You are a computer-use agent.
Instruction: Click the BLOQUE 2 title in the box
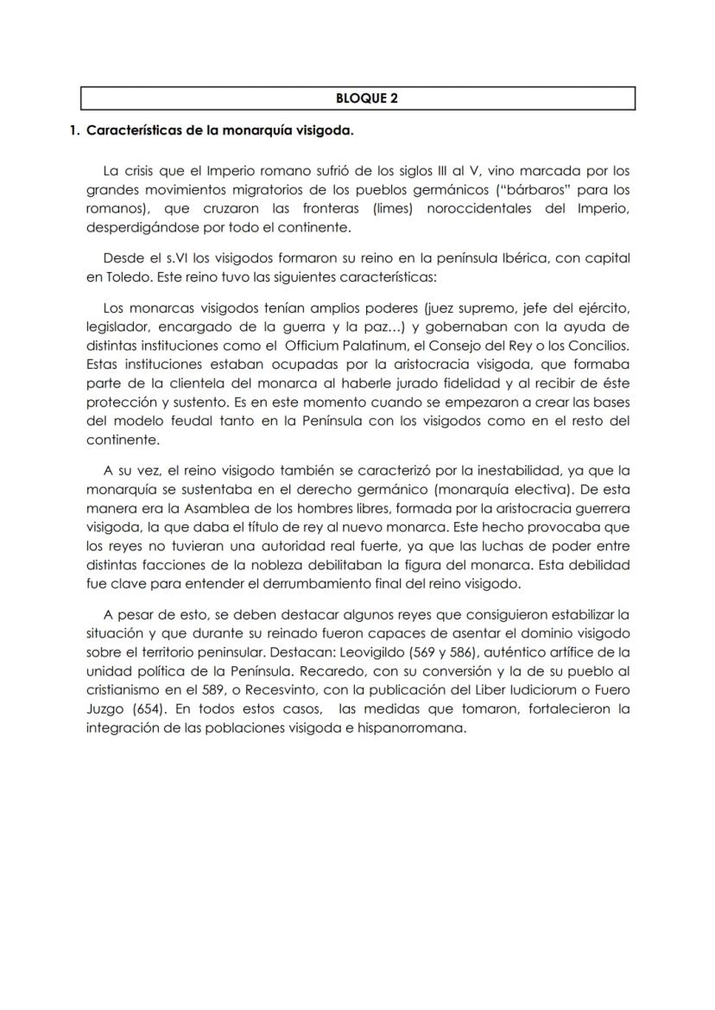pos(357,98)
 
